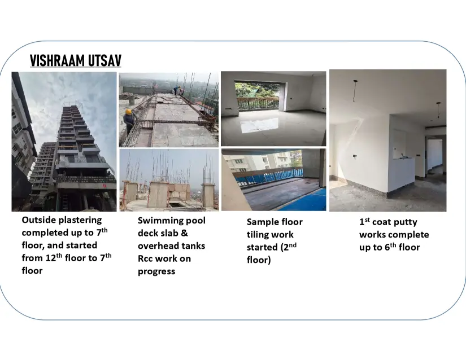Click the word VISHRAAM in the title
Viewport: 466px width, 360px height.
tap(53, 60)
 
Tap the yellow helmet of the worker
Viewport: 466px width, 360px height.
tap(128, 112)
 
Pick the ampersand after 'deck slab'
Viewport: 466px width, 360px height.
tap(184, 233)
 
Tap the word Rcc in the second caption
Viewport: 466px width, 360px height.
tap(145, 258)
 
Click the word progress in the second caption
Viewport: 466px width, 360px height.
tap(156, 272)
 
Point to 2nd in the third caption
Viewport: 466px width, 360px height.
tap(290, 247)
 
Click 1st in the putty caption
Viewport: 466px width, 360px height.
tap(364, 221)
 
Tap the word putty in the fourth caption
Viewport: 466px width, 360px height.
tap(405, 222)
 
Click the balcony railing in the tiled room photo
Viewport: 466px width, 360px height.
tap(258, 103)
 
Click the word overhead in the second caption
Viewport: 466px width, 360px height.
tap(156, 246)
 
